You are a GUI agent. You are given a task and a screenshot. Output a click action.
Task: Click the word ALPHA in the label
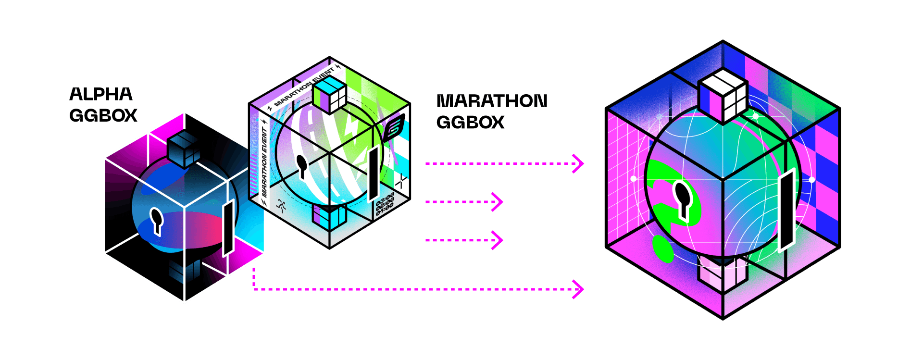(101, 94)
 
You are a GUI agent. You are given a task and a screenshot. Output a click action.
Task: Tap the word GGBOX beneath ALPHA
(103, 116)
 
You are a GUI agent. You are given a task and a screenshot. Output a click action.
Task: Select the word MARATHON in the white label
(492, 101)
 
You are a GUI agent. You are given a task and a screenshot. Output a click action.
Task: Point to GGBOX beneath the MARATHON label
(470, 123)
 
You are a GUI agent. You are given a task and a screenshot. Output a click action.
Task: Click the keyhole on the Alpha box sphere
(156, 220)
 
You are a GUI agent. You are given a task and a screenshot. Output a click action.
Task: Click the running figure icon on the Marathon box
(281, 207)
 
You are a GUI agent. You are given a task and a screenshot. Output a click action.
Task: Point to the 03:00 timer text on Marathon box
(385, 198)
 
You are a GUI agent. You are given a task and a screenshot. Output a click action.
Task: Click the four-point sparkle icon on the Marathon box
(401, 181)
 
